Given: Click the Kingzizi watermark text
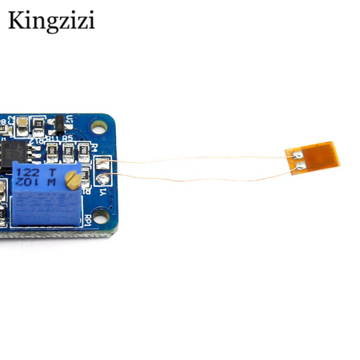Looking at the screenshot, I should coord(51,21).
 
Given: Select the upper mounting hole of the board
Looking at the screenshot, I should coord(99,127).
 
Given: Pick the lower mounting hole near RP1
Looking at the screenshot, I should coord(101,217).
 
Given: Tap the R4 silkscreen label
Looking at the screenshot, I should coord(94,147).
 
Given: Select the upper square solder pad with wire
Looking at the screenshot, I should coord(103,162).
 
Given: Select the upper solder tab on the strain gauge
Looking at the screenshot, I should coord(298,155).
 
